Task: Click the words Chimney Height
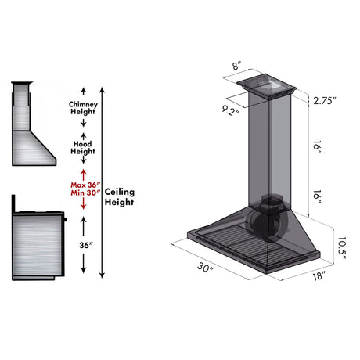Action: (83, 108)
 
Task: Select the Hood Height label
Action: (83, 147)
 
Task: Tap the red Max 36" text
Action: (85, 185)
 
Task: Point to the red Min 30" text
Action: (85, 193)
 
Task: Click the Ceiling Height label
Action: (120, 196)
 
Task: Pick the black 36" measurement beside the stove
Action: (86, 245)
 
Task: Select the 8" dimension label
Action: (236, 65)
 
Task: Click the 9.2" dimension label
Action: (230, 110)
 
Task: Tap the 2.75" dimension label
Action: (325, 101)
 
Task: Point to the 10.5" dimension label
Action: (341, 248)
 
